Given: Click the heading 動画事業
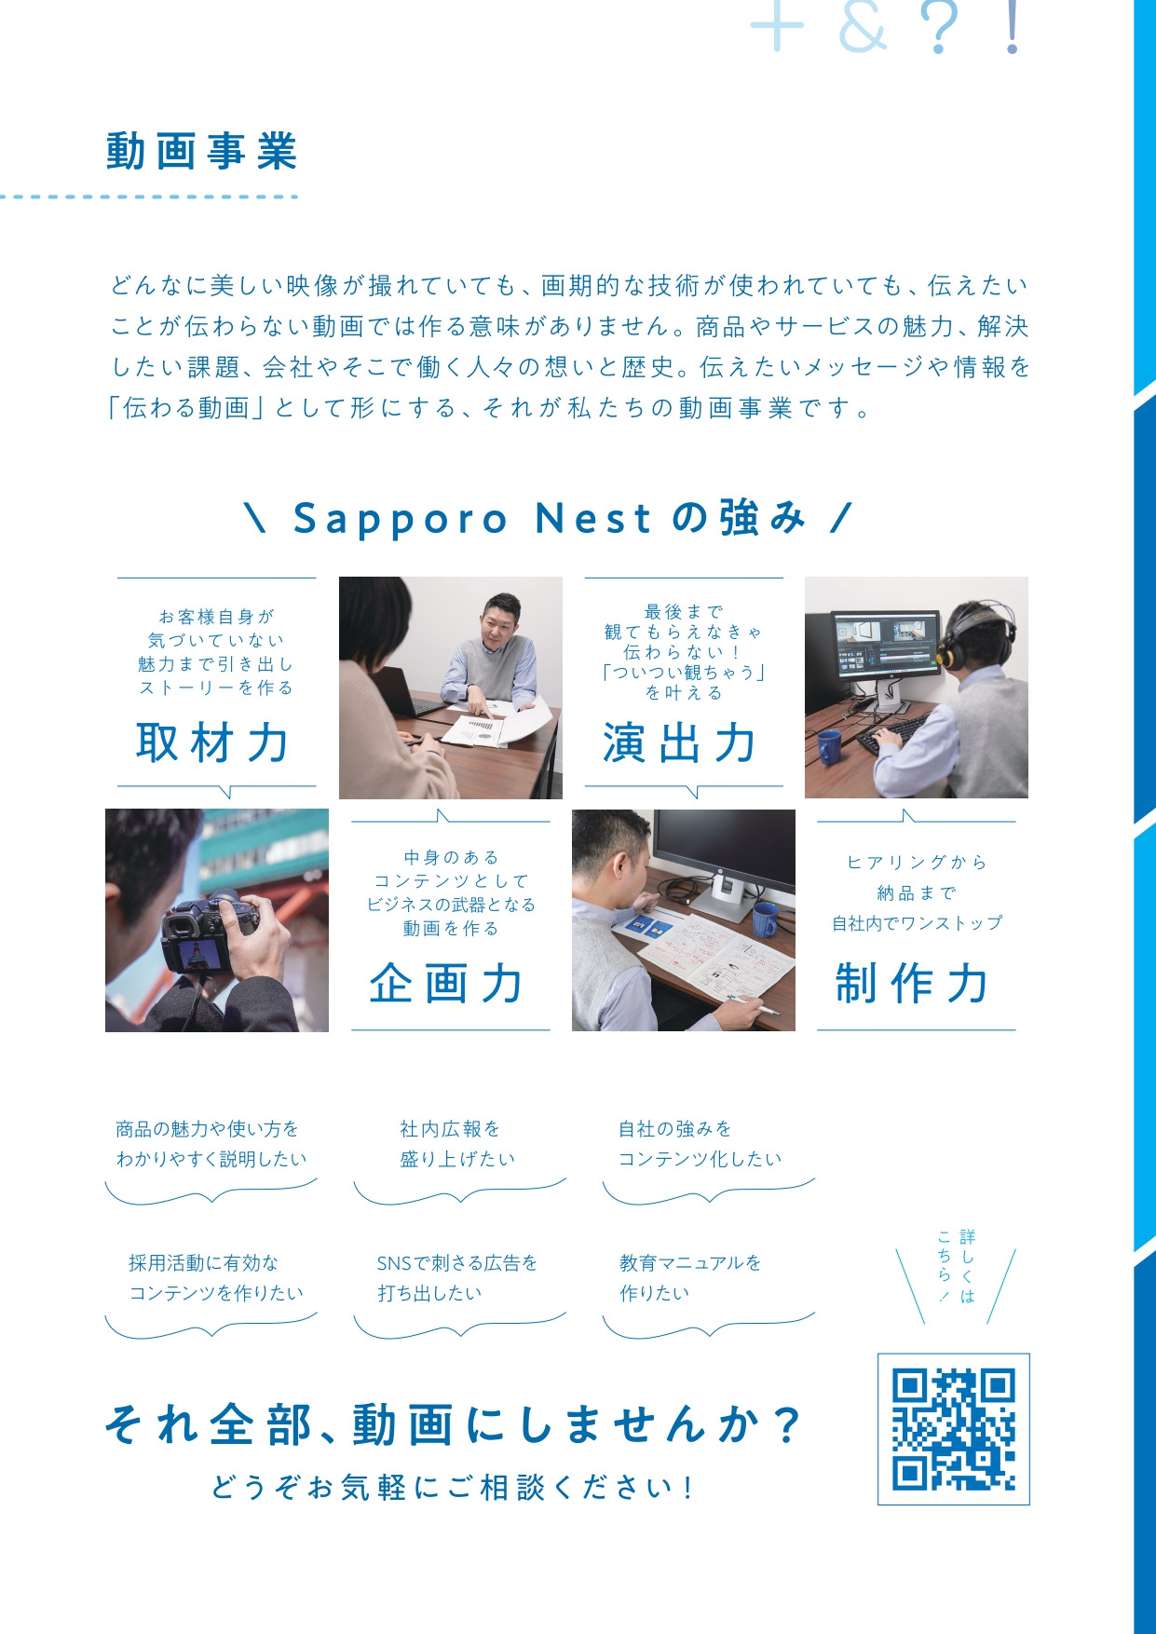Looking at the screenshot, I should [201, 152].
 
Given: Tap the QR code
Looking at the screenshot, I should [953, 1429].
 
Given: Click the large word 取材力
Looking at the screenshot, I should [214, 743].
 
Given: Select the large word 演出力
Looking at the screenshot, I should [680, 743].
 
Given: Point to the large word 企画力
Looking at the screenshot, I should [447, 984].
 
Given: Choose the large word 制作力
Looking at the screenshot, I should [913, 984].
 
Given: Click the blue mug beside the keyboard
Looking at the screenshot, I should [828, 745].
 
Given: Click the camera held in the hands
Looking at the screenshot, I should [210, 932].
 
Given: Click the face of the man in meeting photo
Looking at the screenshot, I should [501, 624].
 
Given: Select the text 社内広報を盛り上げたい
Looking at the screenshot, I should [456, 1144].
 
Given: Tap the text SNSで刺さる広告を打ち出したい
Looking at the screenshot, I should [456, 1277].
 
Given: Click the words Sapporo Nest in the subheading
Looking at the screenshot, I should [473, 519].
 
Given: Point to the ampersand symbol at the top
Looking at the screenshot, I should [863, 28].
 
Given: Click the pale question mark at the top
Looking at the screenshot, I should [938, 28].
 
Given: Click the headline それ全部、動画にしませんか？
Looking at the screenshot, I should [453, 1425].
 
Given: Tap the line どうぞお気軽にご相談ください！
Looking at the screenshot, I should [453, 1487].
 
